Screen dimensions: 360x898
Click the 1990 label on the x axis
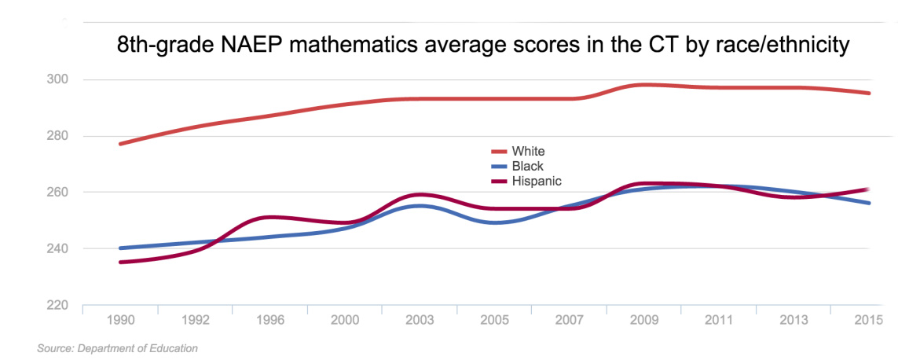coord(119,321)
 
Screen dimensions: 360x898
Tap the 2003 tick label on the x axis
coord(420,321)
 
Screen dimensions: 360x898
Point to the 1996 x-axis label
coord(269,321)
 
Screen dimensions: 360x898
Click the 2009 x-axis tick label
coord(645,321)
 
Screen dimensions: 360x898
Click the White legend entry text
coord(528,151)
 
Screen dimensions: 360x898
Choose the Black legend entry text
coord(528,166)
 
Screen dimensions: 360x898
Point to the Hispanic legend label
coord(537,181)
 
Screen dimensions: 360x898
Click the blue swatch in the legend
coord(499,166)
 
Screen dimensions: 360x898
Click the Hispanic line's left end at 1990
coord(119,263)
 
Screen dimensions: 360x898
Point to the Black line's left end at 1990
coord(119,248)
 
